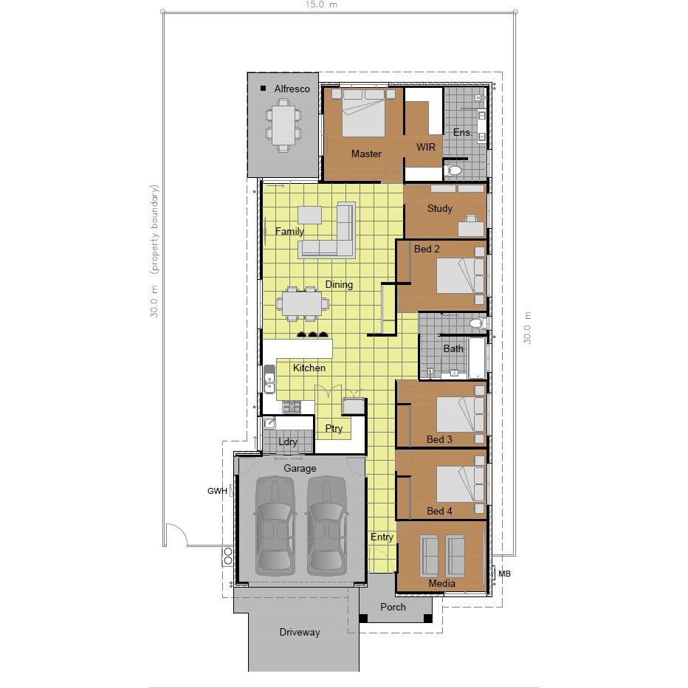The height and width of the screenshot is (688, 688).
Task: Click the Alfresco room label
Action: [292, 89]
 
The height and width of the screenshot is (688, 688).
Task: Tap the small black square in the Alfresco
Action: [264, 88]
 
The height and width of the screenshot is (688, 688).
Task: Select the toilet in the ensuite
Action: [453, 170]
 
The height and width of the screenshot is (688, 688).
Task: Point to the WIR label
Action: [426, 147]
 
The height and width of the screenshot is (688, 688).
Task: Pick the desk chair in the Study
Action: [471, 219]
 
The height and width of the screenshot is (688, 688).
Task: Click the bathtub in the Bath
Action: [478, 357]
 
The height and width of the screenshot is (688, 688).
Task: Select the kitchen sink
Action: [269, 380]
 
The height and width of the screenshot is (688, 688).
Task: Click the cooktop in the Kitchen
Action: [292, 407]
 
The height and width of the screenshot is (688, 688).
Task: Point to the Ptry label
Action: [334, 428]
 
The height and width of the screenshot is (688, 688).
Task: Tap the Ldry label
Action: [287, 442]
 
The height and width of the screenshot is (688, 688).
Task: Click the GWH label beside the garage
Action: [217, 491]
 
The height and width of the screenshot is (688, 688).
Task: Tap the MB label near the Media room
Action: [505, 574]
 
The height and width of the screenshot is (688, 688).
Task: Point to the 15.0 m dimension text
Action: [322, 4]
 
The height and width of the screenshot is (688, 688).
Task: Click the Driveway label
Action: [300, 633]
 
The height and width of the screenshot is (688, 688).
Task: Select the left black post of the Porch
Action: [363, 618]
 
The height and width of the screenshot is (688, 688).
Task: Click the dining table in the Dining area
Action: [303, 303]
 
